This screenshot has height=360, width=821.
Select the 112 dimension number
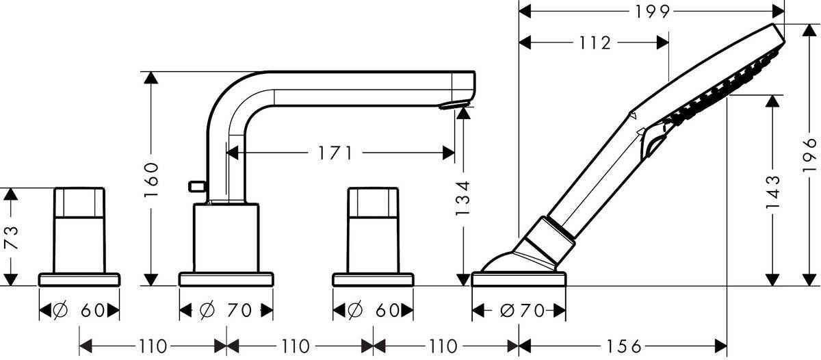point(592,43)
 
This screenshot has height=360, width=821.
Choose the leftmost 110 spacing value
point(153,346)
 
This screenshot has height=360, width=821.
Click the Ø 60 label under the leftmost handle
point(79,311)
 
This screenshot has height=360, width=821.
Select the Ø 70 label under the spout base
point(226,311)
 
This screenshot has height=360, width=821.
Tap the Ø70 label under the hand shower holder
point(519,311)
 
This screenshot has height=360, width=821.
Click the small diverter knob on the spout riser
point(196,185)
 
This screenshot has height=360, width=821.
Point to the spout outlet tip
point(455,105)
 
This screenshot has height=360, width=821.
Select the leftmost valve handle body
point(79,229)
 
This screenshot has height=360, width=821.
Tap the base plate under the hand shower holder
point(519,279)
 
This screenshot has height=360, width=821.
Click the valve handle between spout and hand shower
point(373,229)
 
